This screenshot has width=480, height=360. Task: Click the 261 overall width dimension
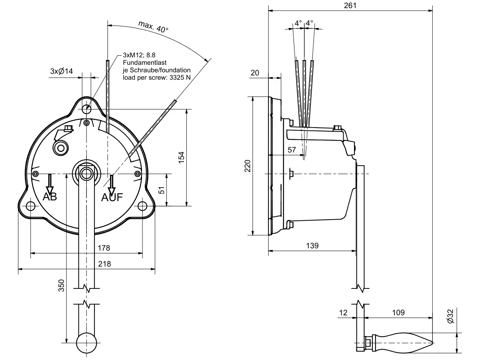tap(350, 5)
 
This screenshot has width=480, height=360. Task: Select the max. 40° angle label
tap(154, 27)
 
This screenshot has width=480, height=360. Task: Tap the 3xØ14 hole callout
tap(61, 71)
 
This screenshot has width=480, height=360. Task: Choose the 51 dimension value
tap(162, 190)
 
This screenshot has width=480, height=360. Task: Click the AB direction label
tap(50, 196)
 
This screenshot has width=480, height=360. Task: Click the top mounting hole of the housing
tap(87, 109)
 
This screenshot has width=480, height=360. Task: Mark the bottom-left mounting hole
tap(30, 206)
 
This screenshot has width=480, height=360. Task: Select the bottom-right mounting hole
tap(143, 206)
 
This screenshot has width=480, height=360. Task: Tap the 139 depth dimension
tap(312, 246)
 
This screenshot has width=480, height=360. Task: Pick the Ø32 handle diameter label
tap(450, 316)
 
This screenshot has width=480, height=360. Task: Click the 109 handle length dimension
tap(398, 312)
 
